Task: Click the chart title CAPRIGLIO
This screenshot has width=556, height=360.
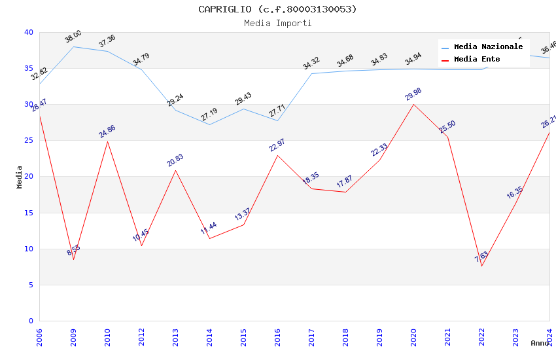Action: pos(277,9)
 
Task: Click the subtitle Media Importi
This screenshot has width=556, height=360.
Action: pos(277,23)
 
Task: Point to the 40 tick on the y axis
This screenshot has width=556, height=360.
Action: pos(28,32)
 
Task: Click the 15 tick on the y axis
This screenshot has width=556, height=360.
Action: pos(28,213)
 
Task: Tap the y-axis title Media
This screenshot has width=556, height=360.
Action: pos(19,177)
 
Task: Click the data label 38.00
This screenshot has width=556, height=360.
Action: pos(73,37)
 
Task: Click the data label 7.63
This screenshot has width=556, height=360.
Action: pos(481,257)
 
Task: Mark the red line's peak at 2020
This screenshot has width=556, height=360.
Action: pos(413,104)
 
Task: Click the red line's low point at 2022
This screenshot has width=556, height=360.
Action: pos(481,266)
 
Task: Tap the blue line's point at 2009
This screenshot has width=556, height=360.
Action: pos(73,46)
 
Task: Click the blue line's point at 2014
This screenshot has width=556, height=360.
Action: pos(209,124)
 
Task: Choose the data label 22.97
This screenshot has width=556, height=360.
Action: pos(277,145)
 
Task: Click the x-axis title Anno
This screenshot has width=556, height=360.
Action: pos(540,343)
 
